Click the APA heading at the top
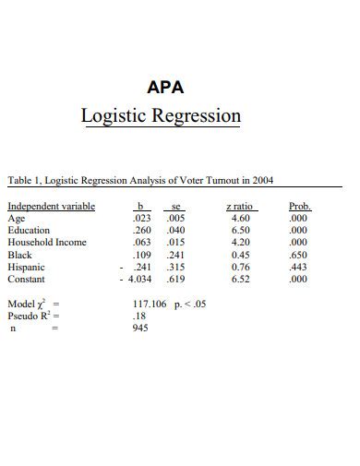coord(166,88)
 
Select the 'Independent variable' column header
coord(52,207)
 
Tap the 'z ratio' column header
coord(240,207)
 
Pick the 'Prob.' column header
coord(300,207)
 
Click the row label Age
coord(17,219)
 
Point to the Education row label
coord(29,231)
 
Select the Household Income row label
coord(47,243)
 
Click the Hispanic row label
coord(27,267)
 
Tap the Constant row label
coord(27,279)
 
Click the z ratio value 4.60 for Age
coord(240,219)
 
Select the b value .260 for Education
coord(142,231)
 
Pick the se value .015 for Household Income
coord(175,243)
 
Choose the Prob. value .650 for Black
coord(298,255)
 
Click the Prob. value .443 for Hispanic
coord(298,267)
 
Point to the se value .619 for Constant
coord(175,279)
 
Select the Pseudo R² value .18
coord(139,315)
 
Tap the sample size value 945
coord(140,327)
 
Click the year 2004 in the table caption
coord(262,180)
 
